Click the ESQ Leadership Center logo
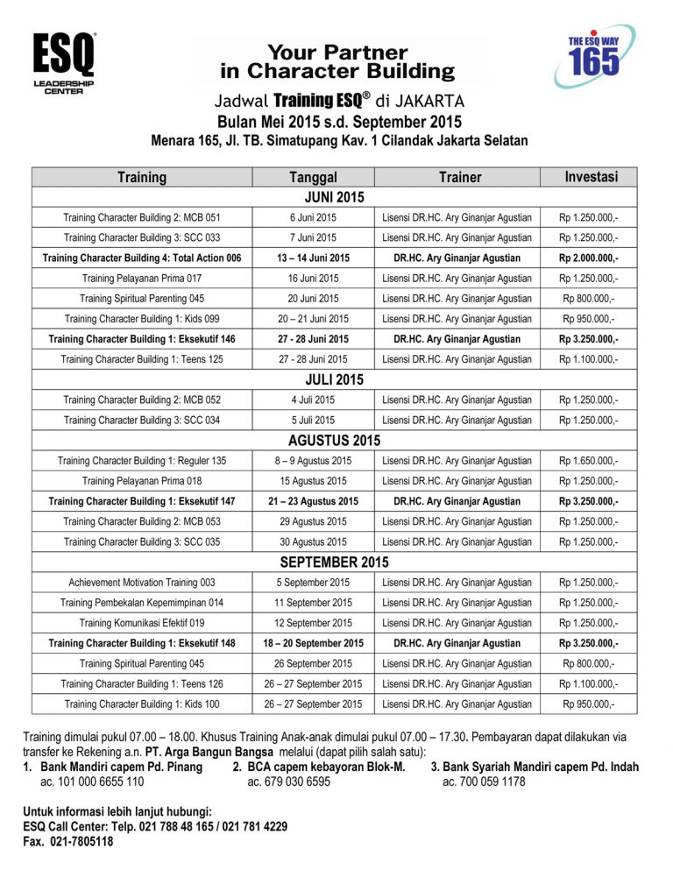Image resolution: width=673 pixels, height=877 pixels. (x=63, y=64)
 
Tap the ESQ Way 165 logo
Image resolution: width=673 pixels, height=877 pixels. (x=593, y=55)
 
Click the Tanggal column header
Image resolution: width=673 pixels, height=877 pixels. (x=313, y=177)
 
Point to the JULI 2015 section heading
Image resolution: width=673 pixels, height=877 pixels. (x=334, y=380)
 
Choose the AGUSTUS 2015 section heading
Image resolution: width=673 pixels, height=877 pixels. (x=334, y=441)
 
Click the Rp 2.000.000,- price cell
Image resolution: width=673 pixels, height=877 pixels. (x=588, y=258)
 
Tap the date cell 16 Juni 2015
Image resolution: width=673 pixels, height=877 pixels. (x=313, y=279)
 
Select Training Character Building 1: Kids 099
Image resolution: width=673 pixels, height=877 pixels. (x=142, y=319)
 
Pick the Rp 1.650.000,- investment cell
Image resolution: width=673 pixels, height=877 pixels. (x=588, y=461)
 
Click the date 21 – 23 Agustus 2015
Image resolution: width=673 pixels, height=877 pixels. (x=313, y=501)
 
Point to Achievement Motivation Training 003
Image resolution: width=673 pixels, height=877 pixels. (x=142, y=583)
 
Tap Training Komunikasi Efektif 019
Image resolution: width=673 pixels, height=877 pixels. (x=142, y=623)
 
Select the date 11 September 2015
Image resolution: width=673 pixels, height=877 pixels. (x=313, y=603)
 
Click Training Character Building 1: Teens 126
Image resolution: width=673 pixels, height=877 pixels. (x=142, y=683)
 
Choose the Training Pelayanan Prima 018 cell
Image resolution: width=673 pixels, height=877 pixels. (x=142, y=481)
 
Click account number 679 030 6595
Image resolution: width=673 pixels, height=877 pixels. (x=289, y=782)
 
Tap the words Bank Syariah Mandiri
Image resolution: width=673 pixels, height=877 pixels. (x=500, y=767)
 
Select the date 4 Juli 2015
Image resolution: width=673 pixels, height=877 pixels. (x=313, y=400)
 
